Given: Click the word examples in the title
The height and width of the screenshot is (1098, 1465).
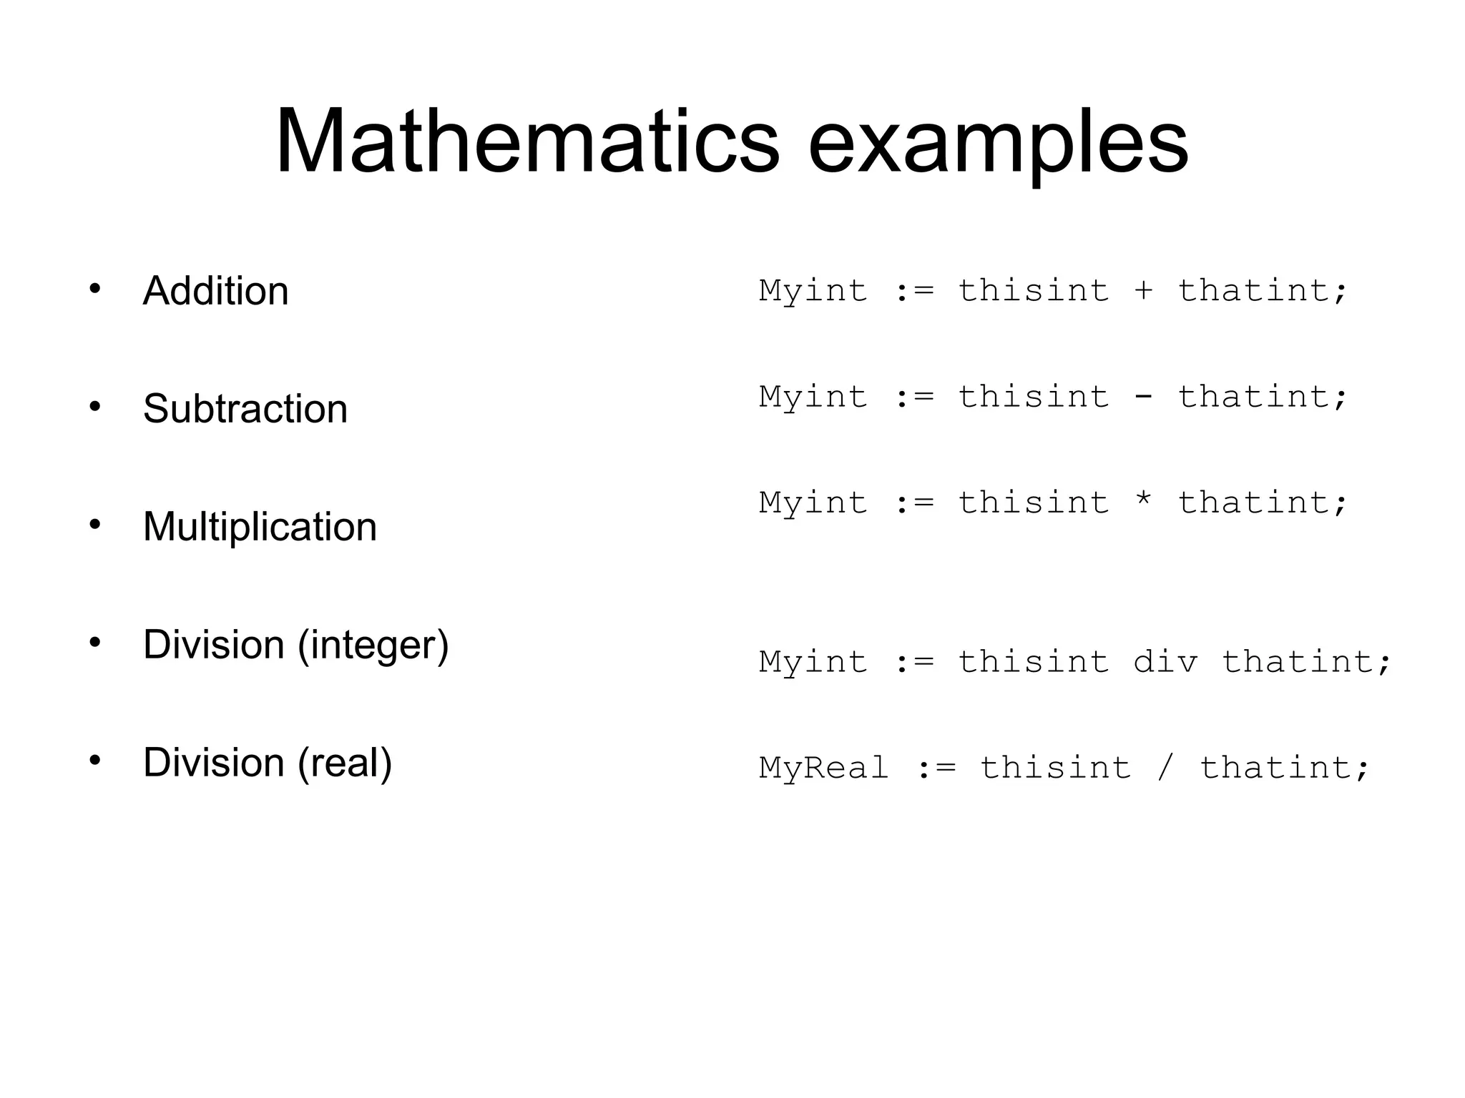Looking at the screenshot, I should tap(999, 143).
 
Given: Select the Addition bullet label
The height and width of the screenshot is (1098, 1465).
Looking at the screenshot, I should tap(215, 291).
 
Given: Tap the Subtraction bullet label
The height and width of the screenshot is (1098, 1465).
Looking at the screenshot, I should tap(245, 409).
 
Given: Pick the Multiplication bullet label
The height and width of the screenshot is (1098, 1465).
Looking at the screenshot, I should tap(260, 527).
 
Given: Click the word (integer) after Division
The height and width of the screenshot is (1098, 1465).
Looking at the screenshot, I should tap(373, 645).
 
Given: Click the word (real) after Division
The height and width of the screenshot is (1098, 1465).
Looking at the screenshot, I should tap(345, 763).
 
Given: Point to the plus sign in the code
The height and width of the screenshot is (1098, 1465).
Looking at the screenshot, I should tap(1143, 291).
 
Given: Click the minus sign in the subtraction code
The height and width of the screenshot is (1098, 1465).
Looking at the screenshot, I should tap(1143, 397).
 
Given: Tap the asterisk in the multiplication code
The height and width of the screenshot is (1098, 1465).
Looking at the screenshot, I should tap(1143, 500).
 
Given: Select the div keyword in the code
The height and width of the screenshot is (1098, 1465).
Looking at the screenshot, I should tap(1165, 662).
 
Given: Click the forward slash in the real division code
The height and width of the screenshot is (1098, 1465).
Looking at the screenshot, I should tap(1165, 768).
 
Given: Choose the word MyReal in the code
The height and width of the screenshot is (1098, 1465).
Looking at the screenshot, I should tap(823, 768).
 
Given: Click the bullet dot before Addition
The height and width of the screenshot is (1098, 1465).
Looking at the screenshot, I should tap(94, 290).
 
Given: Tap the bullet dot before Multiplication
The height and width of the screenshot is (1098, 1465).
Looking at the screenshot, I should tap(94, 525).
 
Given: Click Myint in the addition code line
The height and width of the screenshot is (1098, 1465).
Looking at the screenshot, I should tap(813, 291).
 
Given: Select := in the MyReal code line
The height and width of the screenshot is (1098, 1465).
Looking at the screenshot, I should tap(936, 768).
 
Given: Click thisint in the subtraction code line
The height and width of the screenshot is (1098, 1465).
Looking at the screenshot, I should tap(1034, 397).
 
